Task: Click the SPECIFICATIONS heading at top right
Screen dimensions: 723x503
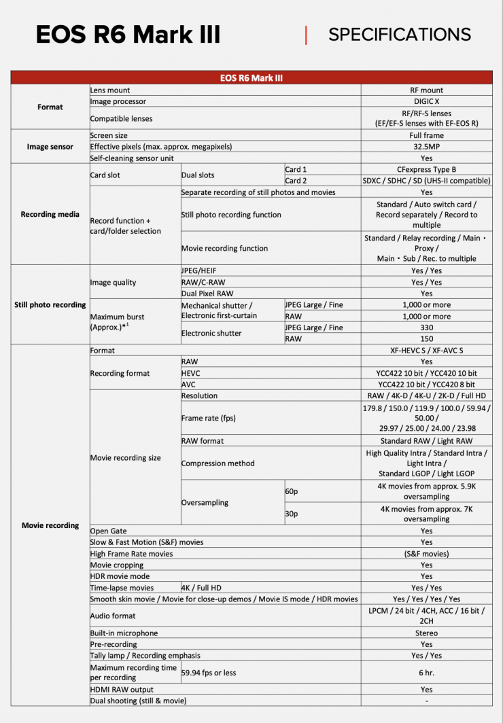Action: [399, 35]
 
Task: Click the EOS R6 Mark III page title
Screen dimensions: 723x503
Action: [128, 35]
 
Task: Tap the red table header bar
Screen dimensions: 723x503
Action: [251, 78]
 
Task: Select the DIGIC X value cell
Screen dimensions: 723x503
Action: [426, 101]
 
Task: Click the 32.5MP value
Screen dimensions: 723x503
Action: [426, 147]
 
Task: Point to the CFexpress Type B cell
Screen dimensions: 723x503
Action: [426, 169]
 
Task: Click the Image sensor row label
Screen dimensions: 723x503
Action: [50, 147]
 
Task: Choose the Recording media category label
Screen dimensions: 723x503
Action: [50, 214]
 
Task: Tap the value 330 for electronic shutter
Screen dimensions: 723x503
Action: [426, 328]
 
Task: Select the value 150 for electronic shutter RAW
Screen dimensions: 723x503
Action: [426, 338]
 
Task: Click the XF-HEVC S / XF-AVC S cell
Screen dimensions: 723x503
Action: [426, 351]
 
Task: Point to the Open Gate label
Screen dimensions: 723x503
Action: [109, 531]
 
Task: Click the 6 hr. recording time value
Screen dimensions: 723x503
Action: [426, 672]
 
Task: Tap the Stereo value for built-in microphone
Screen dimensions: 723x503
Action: [426, 633]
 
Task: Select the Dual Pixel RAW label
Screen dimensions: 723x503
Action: [208, 294]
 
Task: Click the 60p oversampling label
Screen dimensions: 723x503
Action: [292, 491]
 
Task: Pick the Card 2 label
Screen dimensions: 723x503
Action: [296, 181]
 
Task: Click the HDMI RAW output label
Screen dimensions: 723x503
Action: [122, 689]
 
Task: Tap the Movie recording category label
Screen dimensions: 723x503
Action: [50, 525]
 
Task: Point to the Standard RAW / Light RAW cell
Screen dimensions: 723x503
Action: [426, 441]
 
